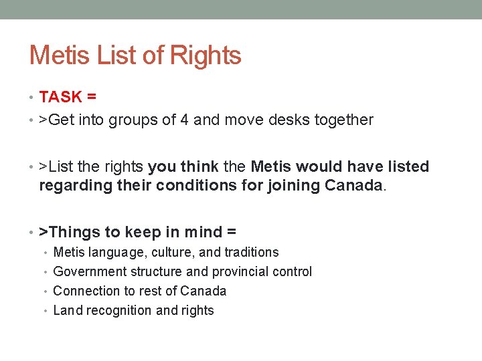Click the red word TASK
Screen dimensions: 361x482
[60, 97]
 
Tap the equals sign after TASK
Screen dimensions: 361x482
[91, 97]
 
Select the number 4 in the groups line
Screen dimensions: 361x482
[183, 120]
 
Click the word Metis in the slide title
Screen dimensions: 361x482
[60, 55]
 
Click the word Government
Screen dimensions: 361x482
[87, 272]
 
